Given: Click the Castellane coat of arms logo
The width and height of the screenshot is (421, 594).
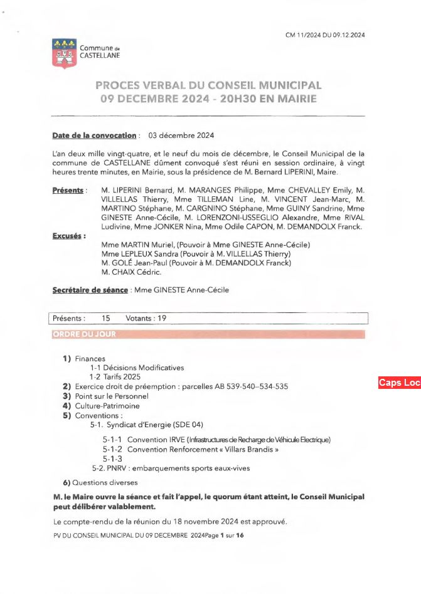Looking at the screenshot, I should (x=62, y=53).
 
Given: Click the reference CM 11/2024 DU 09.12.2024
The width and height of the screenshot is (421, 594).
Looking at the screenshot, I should (x=325, y=35).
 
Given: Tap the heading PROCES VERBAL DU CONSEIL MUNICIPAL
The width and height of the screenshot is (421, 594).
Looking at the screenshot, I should (x=208, y=85).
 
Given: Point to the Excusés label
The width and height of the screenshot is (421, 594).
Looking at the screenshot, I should (x=68, y=235).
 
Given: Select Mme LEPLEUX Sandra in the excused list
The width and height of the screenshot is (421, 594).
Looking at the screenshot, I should (x=140, y=253).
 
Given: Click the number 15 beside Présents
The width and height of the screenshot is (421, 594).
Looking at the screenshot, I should (x=105, y=318).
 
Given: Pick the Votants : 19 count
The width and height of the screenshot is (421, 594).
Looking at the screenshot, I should (x=146, y=318).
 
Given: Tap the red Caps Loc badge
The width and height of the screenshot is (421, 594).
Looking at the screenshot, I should (x=399, y=383).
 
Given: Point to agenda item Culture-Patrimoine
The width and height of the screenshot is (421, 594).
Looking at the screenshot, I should (x=107, y=406).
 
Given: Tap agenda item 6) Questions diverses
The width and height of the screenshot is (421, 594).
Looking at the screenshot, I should (x=100, y=482).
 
